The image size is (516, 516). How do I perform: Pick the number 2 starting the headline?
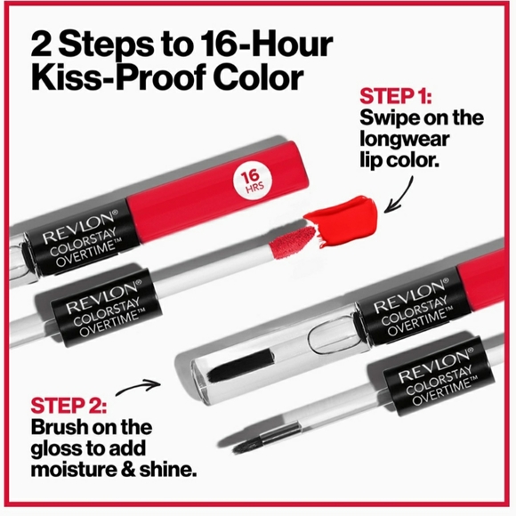point(43,43)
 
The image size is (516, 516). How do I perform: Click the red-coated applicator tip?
point(292,238)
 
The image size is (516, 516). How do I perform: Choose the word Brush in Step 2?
point(55,425)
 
